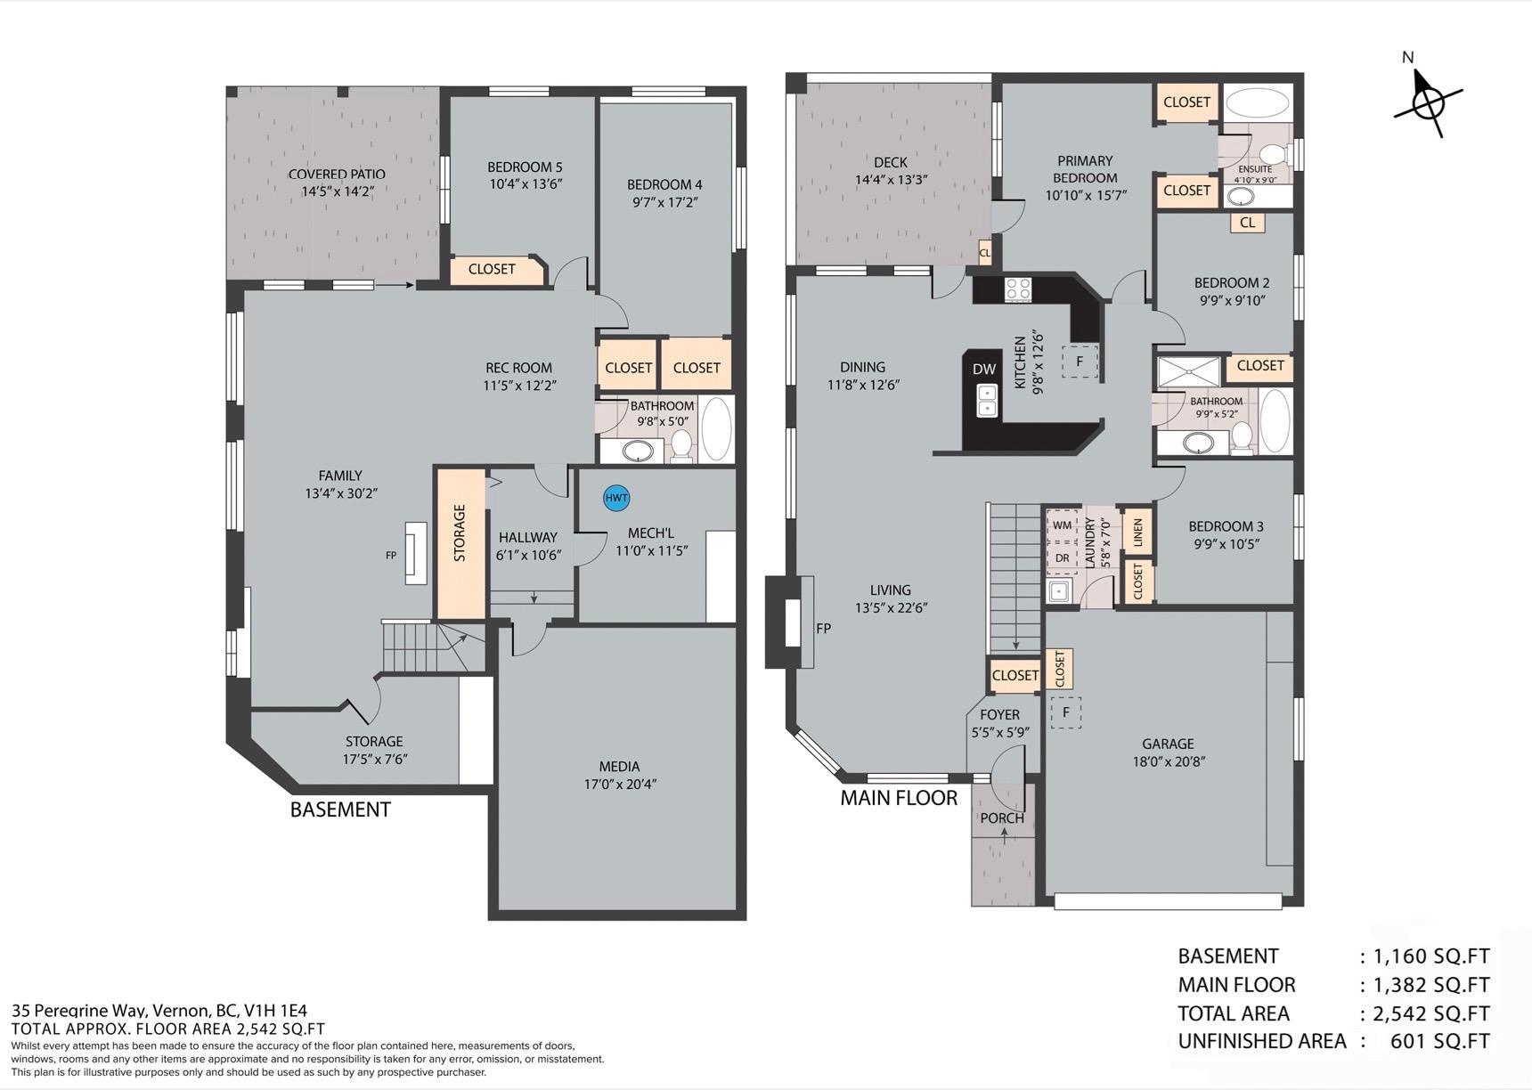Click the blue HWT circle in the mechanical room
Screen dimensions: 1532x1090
point(616,498)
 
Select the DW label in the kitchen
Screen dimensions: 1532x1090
point(984,369)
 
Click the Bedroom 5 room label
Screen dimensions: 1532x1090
point(525,167)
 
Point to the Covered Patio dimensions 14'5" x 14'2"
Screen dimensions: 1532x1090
point(338,191)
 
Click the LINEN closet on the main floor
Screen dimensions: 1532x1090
point(1137,533)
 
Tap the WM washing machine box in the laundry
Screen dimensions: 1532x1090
point(1062,525)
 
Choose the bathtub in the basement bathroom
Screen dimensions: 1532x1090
point(717,428)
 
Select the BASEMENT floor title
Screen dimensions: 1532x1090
point(340,809)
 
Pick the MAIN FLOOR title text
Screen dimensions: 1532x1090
point(899,798)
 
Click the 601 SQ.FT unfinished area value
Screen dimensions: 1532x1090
point(1439,1041)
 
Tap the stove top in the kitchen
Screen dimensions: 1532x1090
point(1018,289)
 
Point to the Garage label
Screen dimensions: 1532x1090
point(1168,744)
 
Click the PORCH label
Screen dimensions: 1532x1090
point(1002,818)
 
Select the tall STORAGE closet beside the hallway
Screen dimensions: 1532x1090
point(460,543)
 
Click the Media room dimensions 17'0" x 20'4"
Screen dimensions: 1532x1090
point(619,784)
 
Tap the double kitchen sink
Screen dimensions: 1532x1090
point(987,401)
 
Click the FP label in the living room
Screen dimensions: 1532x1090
point(824,629)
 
